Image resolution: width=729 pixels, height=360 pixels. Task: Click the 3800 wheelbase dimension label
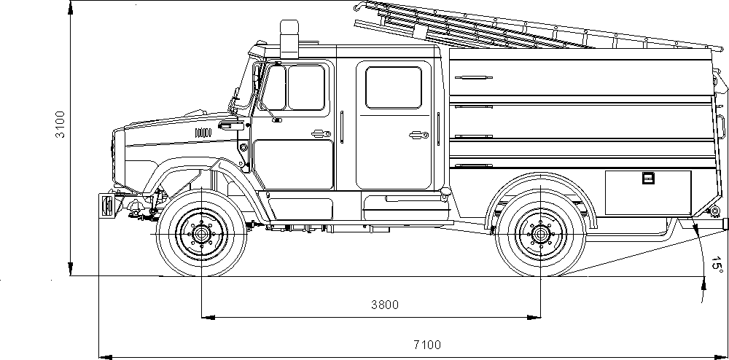384,305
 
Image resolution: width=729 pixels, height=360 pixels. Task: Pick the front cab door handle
319,133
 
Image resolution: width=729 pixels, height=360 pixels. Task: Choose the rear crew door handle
417,134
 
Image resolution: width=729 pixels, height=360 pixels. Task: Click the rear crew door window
394,87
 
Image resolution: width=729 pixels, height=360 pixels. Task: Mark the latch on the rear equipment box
648,178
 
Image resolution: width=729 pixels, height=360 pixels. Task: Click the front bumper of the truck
106,206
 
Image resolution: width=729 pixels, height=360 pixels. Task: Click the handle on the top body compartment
475,77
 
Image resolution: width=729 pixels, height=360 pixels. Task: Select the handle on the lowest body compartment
475,165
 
